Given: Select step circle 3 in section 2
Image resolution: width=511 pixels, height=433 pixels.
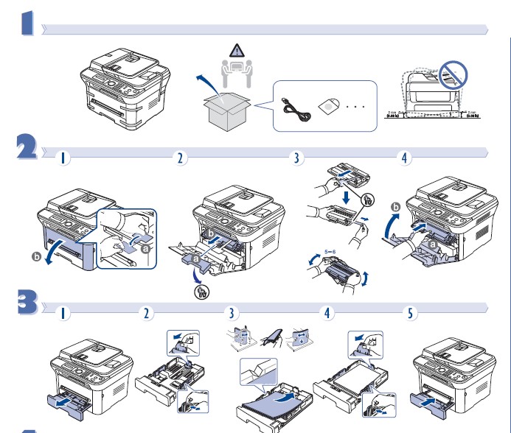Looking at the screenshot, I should (296, 158).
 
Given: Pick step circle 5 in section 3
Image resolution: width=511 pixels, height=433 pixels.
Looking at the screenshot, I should (411, 312).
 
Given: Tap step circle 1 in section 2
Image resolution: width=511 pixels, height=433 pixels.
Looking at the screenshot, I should (65, 158).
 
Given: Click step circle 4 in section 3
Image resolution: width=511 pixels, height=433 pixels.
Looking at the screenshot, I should (327, 312).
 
